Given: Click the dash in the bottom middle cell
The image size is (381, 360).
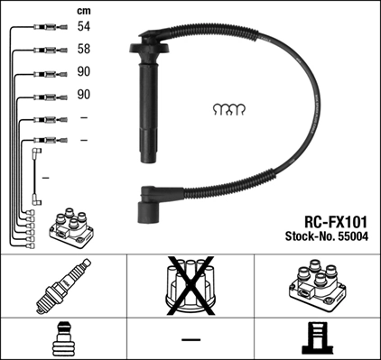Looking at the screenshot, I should pyautogui.click(x=190, y=339).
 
